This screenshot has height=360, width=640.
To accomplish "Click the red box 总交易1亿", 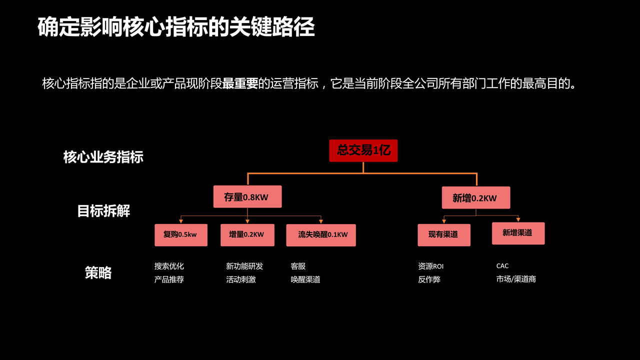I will (363, 150).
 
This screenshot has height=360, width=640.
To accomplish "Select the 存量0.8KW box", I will (247, 196).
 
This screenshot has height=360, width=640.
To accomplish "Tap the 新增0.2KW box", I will (475, 197).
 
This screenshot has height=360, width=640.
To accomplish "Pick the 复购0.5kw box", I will (180, 235).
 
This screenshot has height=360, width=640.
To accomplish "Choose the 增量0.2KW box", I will (246, 235).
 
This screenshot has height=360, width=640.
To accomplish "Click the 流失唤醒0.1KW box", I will (321, 235).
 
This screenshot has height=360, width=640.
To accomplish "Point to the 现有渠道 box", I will (444, 235).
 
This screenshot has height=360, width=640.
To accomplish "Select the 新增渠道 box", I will (518, 233).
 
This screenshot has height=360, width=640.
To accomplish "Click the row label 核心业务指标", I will (103, 157).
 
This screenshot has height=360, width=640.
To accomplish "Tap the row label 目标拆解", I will (103, 211).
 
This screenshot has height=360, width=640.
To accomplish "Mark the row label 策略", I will (98, 273).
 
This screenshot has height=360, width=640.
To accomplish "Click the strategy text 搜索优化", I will (169, 266).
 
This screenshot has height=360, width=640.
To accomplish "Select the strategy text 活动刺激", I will (240, 279).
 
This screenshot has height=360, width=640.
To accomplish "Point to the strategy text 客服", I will (298, 266).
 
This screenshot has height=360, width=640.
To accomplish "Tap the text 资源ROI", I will (430, 266).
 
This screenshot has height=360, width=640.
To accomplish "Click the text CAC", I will (502, 266).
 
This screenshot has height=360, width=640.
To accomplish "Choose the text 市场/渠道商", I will (516, 279).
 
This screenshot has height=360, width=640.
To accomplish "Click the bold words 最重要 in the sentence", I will (240, 83).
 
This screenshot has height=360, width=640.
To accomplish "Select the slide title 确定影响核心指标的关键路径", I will (176, 27).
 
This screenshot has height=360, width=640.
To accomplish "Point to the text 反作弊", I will (429, 279).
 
